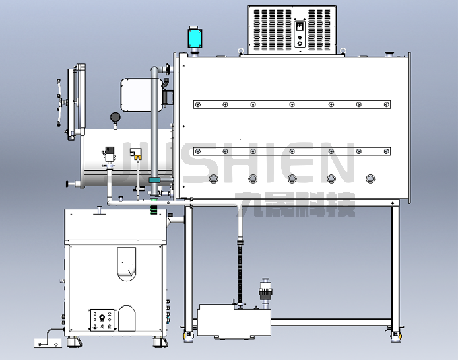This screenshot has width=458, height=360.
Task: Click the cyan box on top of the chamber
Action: pyautogui.click(x=195, y=38)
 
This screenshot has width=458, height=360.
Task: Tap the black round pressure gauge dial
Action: pyautogui.click(x=115, y=117)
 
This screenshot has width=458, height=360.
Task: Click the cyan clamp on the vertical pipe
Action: pyautogui.click(x=154, y=180)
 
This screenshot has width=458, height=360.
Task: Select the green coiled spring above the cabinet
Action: pyautogui.click(x=154, y=210)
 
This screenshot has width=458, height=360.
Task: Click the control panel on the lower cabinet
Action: pyautogui.click(x=102, y=320)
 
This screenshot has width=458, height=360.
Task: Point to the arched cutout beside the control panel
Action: pyautogui.click(x=127, y=318)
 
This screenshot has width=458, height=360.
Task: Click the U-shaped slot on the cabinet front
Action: pyautogui.click(x=127, y=264)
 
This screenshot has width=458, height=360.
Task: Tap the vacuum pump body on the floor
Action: pyautogui.click(x=234, y=320)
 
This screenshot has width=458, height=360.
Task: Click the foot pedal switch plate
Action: pyautogui.click(x=48, y=343)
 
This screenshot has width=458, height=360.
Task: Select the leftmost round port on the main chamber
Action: pyautogui.click(x=214, y=179)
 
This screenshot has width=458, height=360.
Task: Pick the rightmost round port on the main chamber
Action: pyautogui.click(x=370, y=179)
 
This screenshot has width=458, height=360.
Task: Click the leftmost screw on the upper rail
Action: pyautogui.click(x=198, y=104)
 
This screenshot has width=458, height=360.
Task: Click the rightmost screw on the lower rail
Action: pyautogui.click(x=387, y=151)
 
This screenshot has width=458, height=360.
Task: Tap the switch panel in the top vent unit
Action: pyautogui.click(x=300, y=34)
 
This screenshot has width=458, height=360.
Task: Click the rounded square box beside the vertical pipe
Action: pyautogui.click(x=141, y=95)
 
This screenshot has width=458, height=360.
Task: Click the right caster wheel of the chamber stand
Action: pyautogui.click(x=396, y=336)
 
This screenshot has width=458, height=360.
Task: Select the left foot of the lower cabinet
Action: pyautogui.click(x=73, y=341)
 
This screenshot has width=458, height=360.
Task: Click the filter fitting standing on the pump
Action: pyautogui.click(x=265, y=293)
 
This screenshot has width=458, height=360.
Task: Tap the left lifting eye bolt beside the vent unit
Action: pyautogui.click(x=241, y=51)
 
